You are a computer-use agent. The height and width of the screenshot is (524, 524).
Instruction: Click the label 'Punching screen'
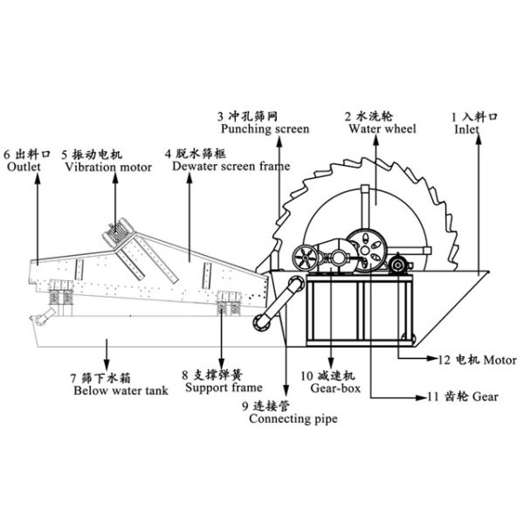pyautogui.click(x=264, y=129)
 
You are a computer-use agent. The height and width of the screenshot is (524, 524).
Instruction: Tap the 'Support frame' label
pyautogui.click(x=212, y=387)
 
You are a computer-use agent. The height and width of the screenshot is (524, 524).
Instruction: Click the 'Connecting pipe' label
pyautogui.click(x=288, y=418)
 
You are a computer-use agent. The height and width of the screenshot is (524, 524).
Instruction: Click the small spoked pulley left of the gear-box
pyautogui.click(x=306, y=259)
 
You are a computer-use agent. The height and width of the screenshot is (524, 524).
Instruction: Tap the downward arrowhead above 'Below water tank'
pyautogui.click(x=107, y=365)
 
